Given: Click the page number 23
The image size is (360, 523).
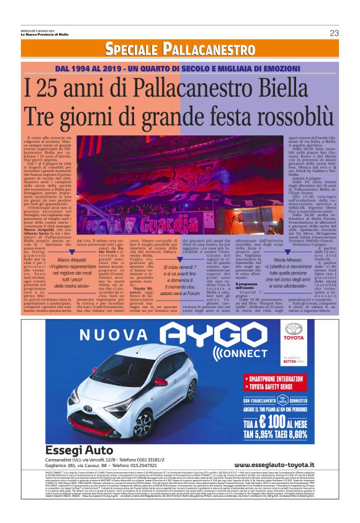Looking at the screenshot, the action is (x=334, y=33).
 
